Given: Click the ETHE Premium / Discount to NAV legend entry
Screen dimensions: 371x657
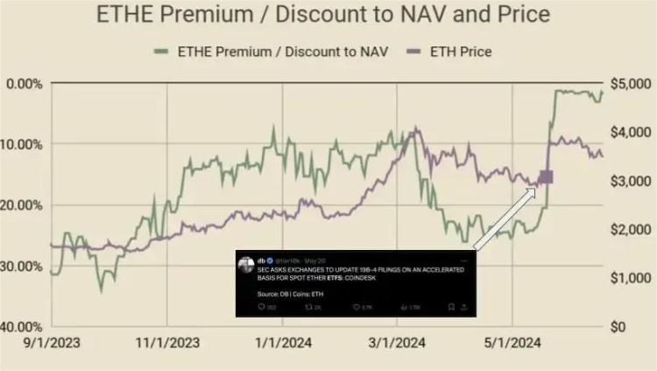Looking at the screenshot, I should (x=272, y=52).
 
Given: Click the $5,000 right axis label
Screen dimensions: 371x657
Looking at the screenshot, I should (x=629, y=84).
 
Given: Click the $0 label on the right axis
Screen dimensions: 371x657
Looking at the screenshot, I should (x=619, y=326).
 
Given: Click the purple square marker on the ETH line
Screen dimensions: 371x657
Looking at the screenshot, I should (x=547, y=177).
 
